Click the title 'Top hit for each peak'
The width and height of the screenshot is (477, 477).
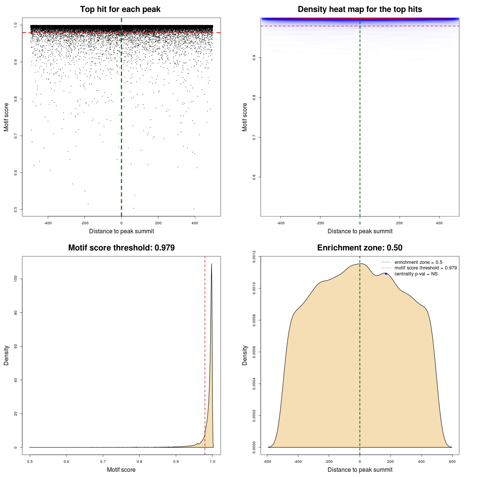tap(120, 9)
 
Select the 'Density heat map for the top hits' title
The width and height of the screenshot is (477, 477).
tap(360, 9)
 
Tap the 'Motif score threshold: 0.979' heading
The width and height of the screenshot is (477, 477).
tap(121, 248)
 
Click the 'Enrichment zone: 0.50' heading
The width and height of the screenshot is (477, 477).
tap(360, 248)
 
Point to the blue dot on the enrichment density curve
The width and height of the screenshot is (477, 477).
tap(386, 274)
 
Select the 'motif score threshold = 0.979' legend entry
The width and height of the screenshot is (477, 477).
tap(425, 268)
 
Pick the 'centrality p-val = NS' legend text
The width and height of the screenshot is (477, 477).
tap(416, 274)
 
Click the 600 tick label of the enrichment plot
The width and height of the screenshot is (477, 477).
tap(452, 462)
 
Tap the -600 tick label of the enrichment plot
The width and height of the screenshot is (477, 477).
tap(267, 462)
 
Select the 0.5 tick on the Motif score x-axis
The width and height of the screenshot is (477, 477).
tap(30, 462)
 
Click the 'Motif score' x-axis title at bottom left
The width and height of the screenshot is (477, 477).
tap(121, 470)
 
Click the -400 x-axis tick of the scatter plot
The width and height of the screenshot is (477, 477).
tap(48, 223)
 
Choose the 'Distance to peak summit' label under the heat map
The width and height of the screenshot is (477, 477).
tap(360, 231)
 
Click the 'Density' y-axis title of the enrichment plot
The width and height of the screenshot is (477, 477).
tap(245, 355)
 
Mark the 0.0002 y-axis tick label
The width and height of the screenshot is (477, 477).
tap(255, 416)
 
